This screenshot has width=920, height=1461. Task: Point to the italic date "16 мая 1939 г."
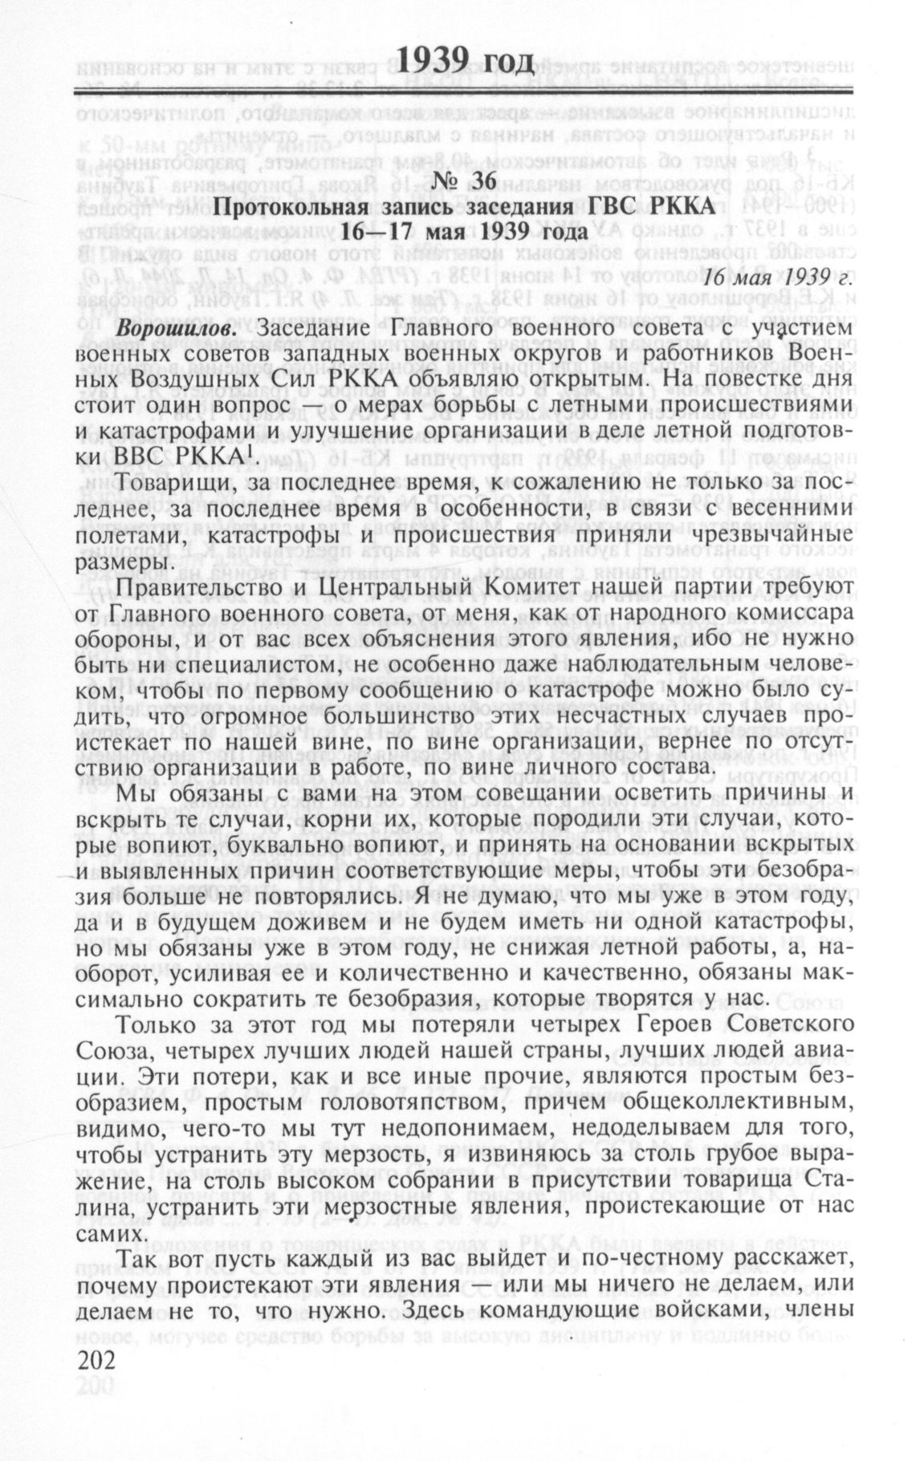point(777,278)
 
